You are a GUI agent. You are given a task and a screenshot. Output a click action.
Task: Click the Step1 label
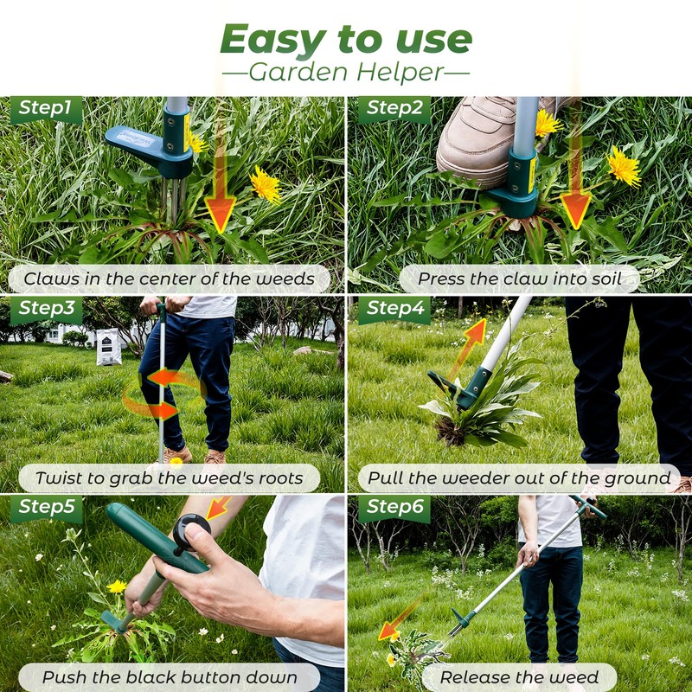tap(45, 109)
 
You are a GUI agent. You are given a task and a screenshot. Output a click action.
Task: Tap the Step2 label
tap(394, 109)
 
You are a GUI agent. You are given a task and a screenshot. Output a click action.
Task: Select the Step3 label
tap(45, 309)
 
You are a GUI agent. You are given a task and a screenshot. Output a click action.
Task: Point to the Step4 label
tap(394, 309)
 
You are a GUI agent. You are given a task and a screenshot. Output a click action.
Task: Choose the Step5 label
tap(45, 508)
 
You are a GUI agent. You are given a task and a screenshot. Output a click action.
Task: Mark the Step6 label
tap(394, 508)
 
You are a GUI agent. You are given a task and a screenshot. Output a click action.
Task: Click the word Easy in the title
tap(272, 40)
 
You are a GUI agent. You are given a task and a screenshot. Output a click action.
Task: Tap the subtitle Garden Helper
tap(346, 72)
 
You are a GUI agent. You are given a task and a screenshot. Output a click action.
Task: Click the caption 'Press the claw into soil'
tap(519, 279)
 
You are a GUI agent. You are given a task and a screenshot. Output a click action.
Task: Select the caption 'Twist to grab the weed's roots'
tap(170, 477)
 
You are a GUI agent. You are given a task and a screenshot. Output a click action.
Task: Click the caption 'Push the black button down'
tap(170, 676)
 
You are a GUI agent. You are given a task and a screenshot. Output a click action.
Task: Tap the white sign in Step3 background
tap(109, 346)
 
